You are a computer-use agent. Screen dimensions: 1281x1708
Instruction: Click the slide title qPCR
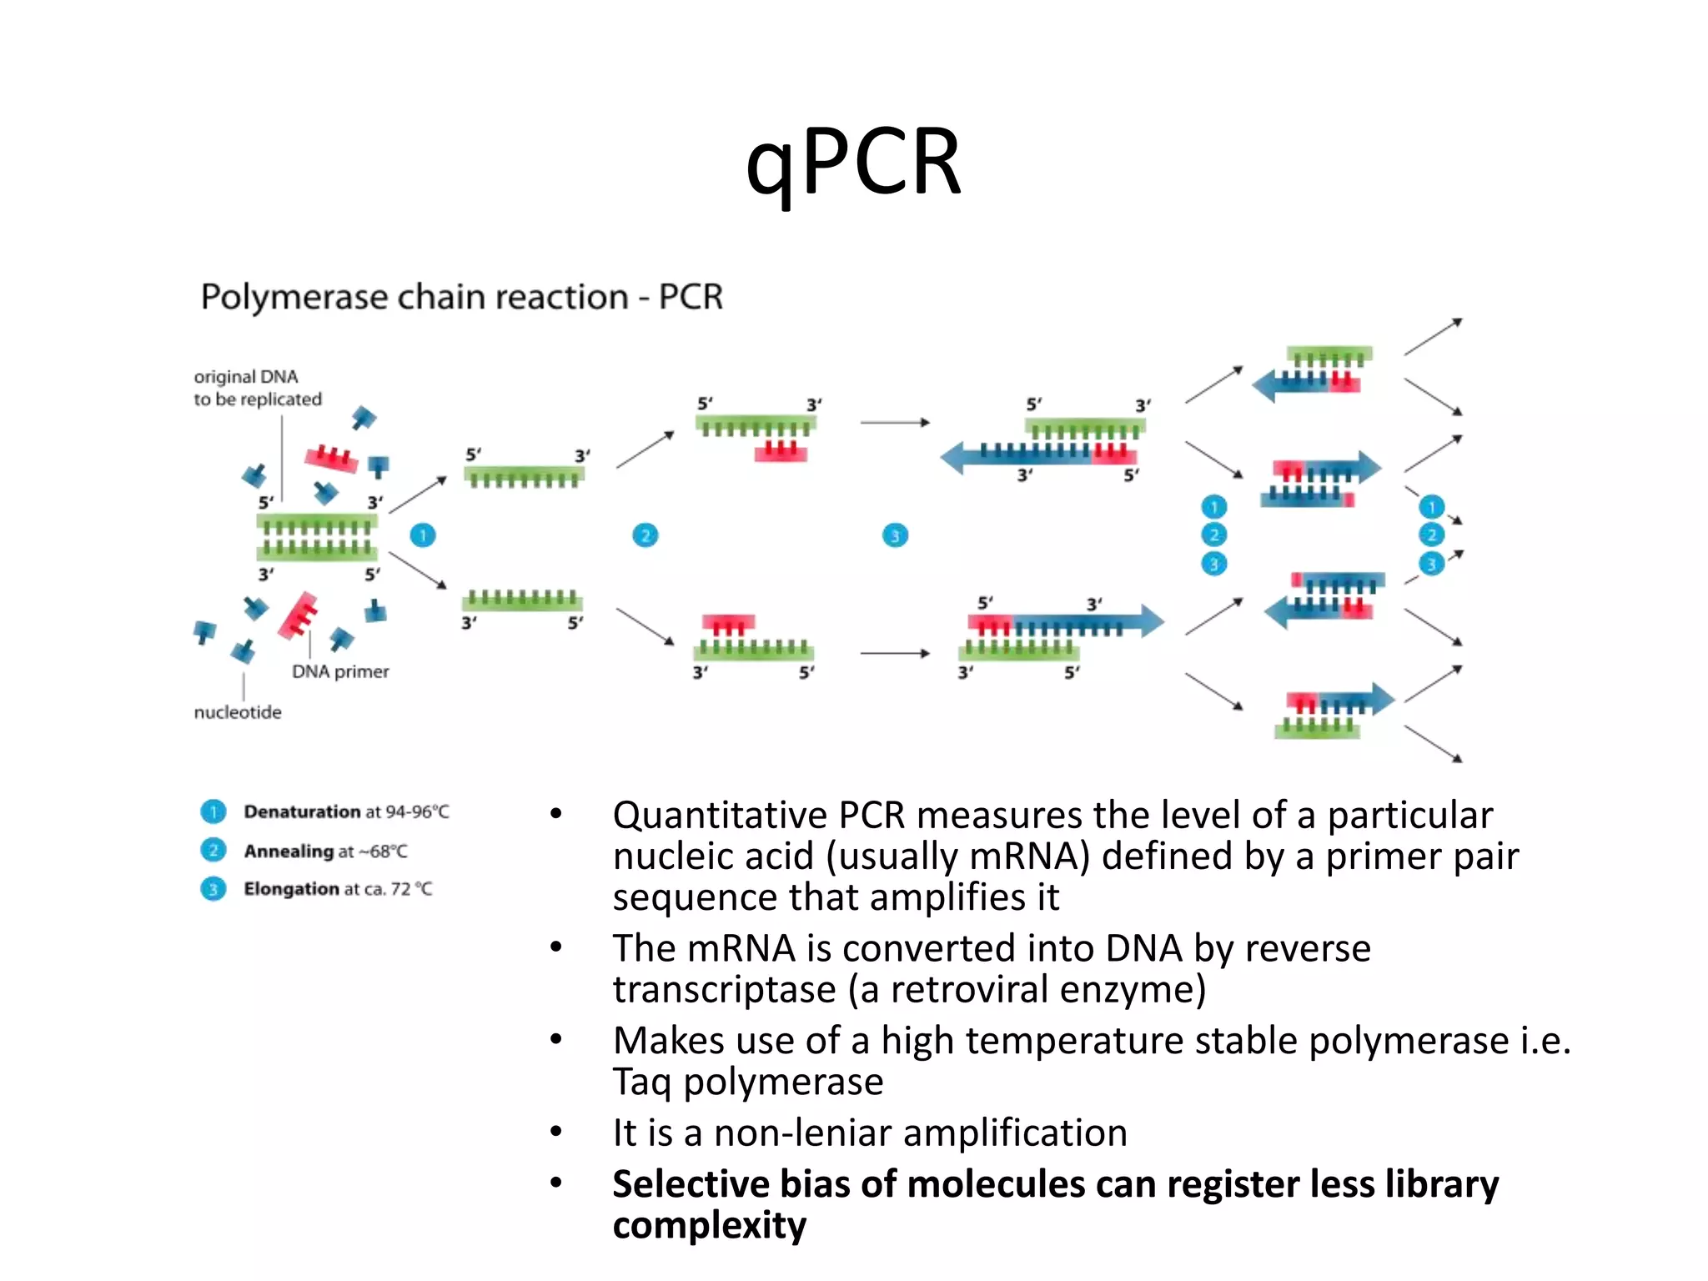click(853, 163)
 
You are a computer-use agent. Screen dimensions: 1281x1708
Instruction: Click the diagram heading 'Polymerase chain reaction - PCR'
click(461, 298)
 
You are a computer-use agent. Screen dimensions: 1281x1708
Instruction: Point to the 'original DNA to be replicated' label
click(257, 388)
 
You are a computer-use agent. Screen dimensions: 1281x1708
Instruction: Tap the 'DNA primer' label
click(340, 671)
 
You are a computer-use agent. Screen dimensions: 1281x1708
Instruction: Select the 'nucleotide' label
click(238, 712)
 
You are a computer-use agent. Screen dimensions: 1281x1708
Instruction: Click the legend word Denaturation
click(301, 811)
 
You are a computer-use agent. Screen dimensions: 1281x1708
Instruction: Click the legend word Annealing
click(289, 851)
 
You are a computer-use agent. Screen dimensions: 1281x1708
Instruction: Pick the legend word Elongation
click(291, 889)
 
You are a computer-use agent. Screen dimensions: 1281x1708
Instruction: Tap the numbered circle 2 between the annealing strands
click(645, 535)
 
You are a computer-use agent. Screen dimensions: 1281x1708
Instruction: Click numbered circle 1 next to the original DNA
click(423, 535)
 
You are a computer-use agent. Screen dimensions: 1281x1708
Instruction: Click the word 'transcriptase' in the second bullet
click(724, 990)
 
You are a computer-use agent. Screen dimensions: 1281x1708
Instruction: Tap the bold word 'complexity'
click(709, 1226)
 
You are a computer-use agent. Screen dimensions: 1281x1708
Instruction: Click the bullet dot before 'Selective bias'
click(556, 1183)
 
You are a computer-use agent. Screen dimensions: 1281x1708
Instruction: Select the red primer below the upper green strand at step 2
click(781, 452)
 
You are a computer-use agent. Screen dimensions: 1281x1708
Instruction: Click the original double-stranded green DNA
click(317, 538)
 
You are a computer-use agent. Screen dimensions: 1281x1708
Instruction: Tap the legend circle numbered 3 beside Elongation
click(213, 889)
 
